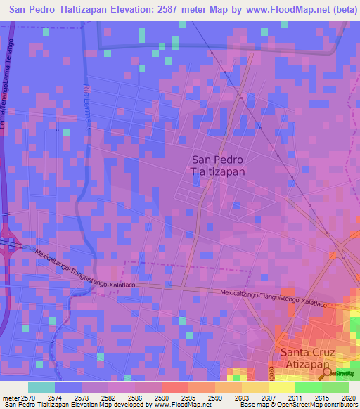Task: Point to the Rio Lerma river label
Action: [x=88, y=101]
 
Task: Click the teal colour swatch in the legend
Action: [x=41, y=387]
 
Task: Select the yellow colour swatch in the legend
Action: [x=282, y=387]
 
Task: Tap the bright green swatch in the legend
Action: [x=309, y=387]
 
